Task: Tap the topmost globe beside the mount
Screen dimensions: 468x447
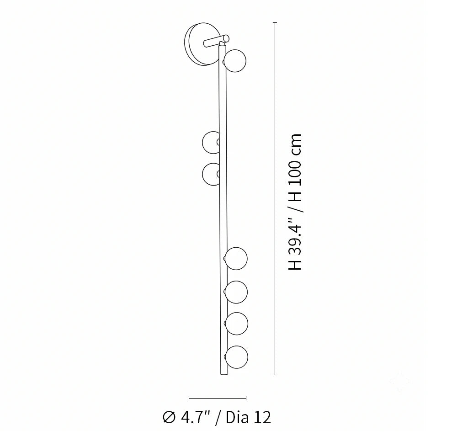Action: tap(235, 61)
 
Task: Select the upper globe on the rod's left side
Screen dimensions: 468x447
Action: tap(211, 143)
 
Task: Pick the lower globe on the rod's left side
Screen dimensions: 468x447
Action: tap(211, 174)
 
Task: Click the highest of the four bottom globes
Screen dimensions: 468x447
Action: tap(236, 258)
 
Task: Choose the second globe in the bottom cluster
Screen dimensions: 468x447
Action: tap(236, 292)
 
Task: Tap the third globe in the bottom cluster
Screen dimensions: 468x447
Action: tap(236, 324)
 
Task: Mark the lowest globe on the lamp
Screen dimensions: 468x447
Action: tap(237, 357)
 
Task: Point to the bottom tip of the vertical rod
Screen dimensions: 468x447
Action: tap(223, 374)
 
